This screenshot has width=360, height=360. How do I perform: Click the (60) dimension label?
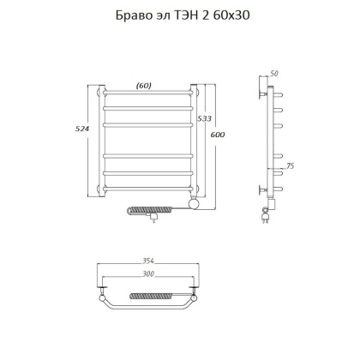point(144,84)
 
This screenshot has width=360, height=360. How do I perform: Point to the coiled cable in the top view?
point(153,297)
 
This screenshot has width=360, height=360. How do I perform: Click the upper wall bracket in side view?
point(262,88)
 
